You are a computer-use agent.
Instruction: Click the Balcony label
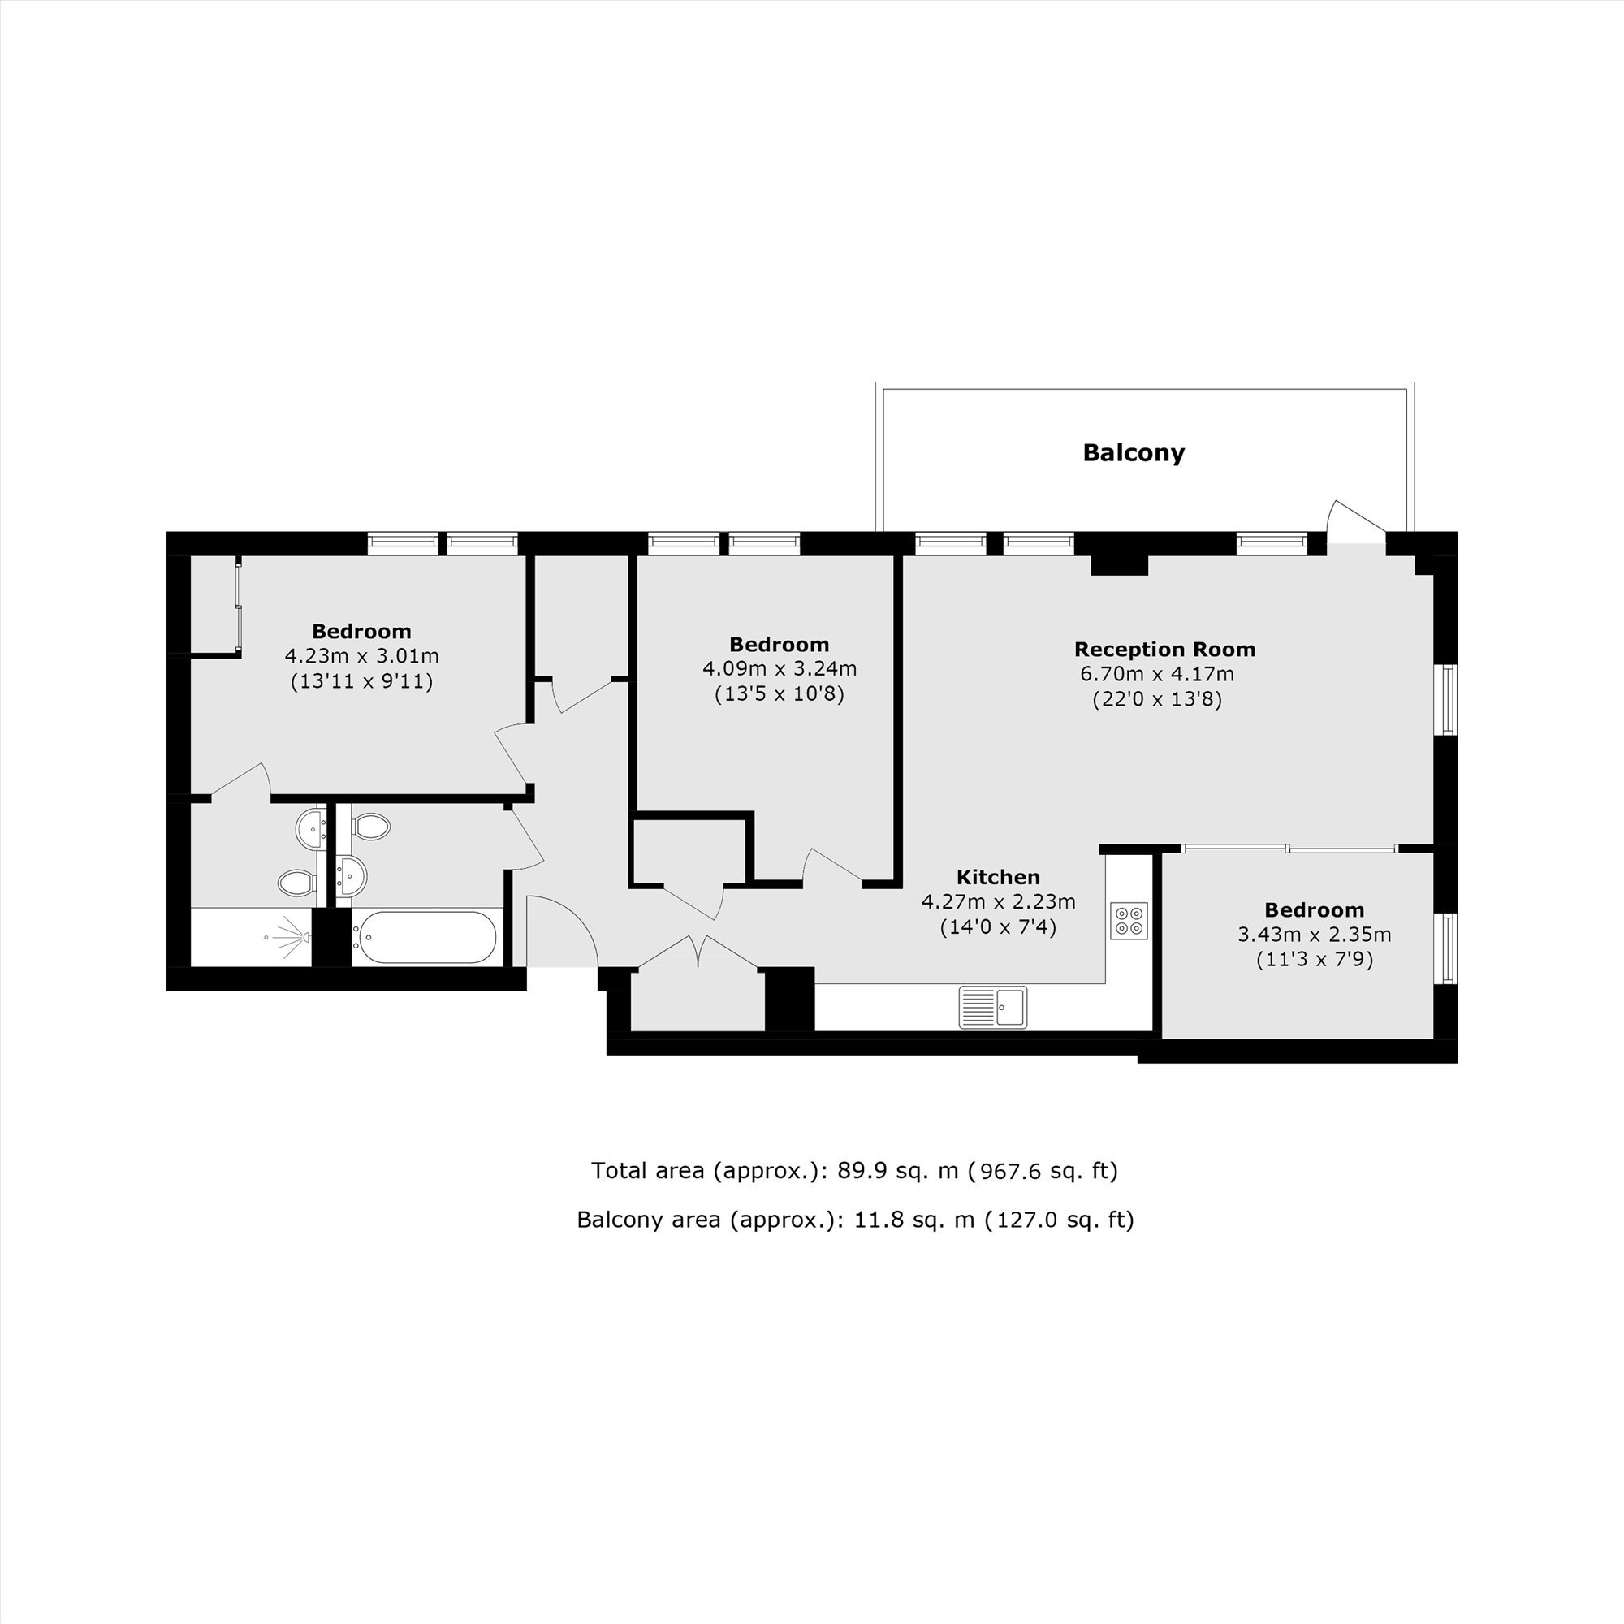click(x=1133, y=453)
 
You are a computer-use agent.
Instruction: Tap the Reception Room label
click(x=1164, y=649)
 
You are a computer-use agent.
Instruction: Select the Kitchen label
click(x=999, y=877)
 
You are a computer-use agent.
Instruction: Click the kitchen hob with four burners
click(x=1129, y=920)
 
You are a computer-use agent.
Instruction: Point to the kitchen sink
click(x=993, y=1007)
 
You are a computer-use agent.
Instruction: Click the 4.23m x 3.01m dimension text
click(x=361, y=655)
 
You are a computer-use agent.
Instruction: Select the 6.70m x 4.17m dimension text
click(x=1156, y=674)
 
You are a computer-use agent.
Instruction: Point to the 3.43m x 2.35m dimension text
click(x=1315, y=934)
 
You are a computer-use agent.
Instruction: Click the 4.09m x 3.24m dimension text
click(x=780, y=669)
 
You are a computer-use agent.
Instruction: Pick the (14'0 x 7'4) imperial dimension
click(x=998, y=927)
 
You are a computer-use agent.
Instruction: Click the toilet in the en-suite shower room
click(x=296, y=883)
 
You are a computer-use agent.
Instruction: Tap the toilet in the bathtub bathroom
click(x=369, y=827)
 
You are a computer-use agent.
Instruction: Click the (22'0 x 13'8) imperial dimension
click(x=1156, y=698)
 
